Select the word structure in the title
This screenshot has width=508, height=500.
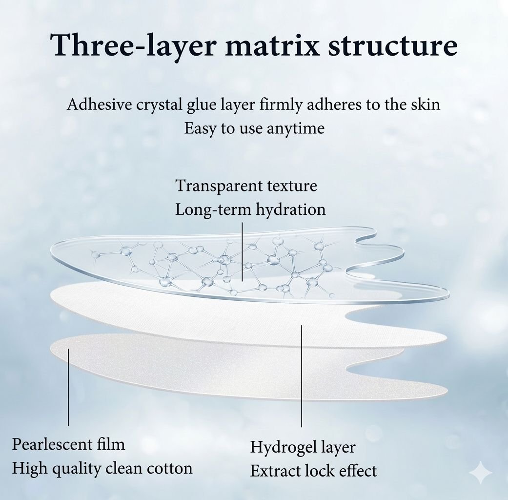pos(393,45)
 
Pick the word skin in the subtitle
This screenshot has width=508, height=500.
pos(426,104)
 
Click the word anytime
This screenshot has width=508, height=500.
pos(295,128)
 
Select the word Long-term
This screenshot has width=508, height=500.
pos(214,210)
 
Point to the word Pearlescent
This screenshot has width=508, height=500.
pos(52,444)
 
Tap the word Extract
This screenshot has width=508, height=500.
pos(274,471)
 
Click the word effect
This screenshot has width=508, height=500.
pos(358,471)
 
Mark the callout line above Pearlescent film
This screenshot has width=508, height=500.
pos(68,387)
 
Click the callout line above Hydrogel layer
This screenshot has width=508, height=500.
pos(301,376)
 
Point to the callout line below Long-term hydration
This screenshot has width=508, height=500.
pos(243,251)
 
